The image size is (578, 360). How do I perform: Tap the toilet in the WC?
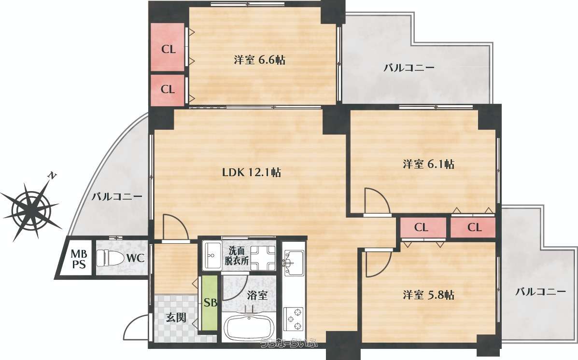(x=110, y=258)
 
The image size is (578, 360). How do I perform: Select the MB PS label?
(x=79, y=259)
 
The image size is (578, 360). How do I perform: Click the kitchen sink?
(x=294, y=262)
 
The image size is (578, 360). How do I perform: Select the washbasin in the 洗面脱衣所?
(x=211, y=256)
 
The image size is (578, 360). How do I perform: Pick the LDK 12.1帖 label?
(x=252, y=172)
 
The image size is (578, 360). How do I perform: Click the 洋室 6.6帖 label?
(x=259, y=60)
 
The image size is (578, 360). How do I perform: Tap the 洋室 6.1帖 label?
(x=428, y=164)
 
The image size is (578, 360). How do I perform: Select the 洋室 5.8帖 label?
(x=428, y=295)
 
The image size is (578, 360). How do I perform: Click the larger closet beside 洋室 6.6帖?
(x=168, y=47)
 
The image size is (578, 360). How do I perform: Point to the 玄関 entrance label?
(x=176, y=317)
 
